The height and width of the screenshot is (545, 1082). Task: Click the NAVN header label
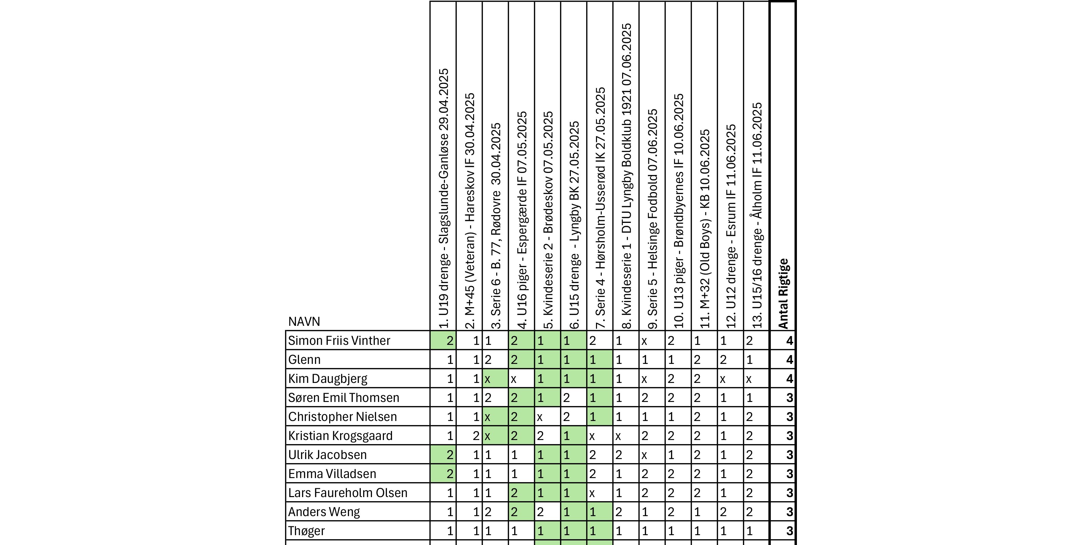click(x=304, y=322)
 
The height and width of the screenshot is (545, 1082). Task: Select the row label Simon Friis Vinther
click(x=339, y=340)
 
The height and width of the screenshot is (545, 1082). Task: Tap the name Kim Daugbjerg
click(x=328, y=379)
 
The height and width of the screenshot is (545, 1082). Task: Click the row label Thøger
click(x=306, y=531)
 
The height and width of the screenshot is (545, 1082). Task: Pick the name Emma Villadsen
click(x=332, y=474)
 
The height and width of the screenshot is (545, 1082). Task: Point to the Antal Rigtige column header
click(x=783, y=293)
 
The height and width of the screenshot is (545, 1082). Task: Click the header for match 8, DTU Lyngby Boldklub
click(x=626, y=176)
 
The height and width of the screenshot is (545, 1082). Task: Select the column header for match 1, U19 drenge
click(x=444, y=198)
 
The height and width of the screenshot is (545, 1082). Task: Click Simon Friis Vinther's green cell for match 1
click(x=444, y=340)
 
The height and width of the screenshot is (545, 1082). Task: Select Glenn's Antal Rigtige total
click(x=783, y=360)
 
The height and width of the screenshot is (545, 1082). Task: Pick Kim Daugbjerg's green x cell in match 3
click(x=495, y=379)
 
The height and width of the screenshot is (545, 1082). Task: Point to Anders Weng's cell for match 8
click(x=626, y=512)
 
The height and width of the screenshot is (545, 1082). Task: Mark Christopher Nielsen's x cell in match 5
click(x=547, y=417)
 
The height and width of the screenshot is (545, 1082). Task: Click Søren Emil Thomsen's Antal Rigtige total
click(x=783, y=398)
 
